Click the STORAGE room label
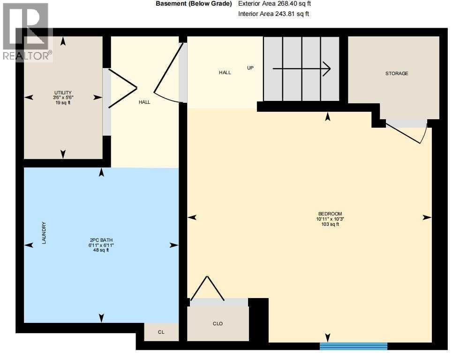click(x=397, y=73)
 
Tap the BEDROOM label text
click(x=327, y=214)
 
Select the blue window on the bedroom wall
click(x=354, y=346)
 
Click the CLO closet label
click(x=218, y=323)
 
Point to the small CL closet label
click(x=161, y=332)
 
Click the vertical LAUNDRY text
click(x=44, y=233)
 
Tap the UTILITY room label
click(x=62, y=92)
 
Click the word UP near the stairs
click(x=250, y=68)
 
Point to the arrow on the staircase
click(x=302, y=69)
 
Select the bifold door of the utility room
click(x=122, y=88)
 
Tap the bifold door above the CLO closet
click(x=206, y=288)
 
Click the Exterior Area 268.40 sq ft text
click(x=274, y=3)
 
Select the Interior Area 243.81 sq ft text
click(x=273, y=14)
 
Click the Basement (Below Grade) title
click(x=194, y=3)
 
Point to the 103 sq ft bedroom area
click(x=327, y=224)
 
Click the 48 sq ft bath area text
click(x=101, y=250)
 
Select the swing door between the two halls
click(x=167, y=75)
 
